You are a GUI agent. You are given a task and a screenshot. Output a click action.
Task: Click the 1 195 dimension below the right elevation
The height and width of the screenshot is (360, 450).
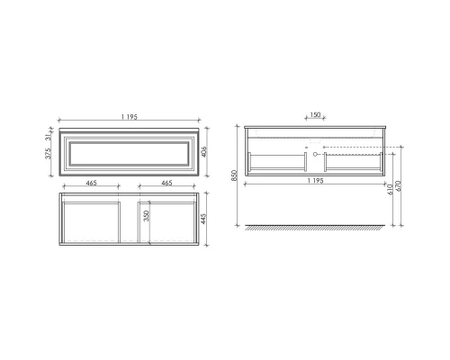tap(315, 179)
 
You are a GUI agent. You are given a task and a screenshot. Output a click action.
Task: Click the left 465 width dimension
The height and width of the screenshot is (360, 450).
tap(91, 184)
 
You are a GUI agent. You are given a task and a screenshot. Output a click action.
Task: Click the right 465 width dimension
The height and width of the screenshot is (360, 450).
tap(166, 184)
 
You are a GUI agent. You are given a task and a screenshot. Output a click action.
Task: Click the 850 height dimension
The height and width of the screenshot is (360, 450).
tap(234, 176)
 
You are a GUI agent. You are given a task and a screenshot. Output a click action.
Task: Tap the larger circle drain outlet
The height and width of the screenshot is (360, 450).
tap(314, 154)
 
